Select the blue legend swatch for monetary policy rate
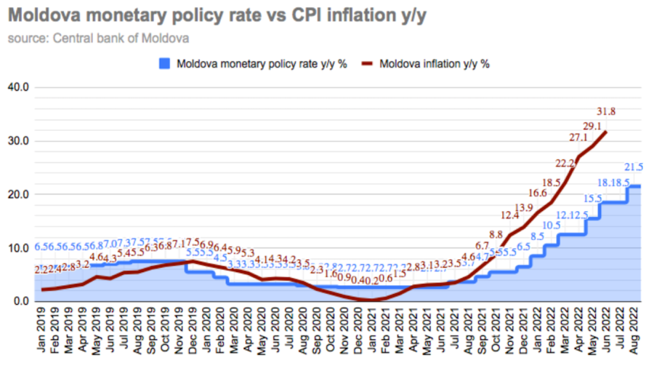pos(165,64)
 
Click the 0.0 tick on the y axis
pos(20,301)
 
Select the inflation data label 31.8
pos(606,111)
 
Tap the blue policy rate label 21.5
pos(633,167)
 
